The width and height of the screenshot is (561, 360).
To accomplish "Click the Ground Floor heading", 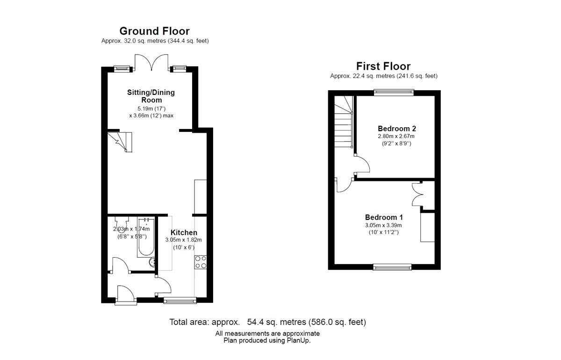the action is [155, 31].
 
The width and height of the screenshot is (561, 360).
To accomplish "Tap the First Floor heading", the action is [383, 66].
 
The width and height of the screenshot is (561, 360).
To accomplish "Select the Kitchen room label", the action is [184, 232].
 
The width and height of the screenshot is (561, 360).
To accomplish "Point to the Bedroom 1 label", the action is [384, 217].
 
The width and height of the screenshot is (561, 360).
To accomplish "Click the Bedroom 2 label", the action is [397, 129].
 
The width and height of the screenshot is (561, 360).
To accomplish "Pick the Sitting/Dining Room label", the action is [151, 96].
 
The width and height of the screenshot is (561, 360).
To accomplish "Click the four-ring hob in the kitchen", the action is [201, 262].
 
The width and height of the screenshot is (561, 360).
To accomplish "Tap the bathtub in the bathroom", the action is [146, 237].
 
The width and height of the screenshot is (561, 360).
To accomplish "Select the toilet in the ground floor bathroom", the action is [122, 224].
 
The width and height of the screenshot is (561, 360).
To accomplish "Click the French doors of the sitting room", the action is [151, 62].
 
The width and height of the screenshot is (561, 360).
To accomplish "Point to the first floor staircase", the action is [344, 122].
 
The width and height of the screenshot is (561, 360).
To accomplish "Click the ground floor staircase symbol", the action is [120, 142].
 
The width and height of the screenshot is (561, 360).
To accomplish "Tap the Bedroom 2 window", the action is [394, 93].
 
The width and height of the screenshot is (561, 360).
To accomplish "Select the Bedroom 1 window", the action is [392, 267].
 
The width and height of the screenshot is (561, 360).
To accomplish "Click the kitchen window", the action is [180, 300].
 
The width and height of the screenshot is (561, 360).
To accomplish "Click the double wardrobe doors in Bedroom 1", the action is [417, 194].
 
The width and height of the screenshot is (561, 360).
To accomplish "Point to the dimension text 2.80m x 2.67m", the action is [396, 136].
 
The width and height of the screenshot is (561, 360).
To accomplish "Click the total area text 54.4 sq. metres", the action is [276, 322].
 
